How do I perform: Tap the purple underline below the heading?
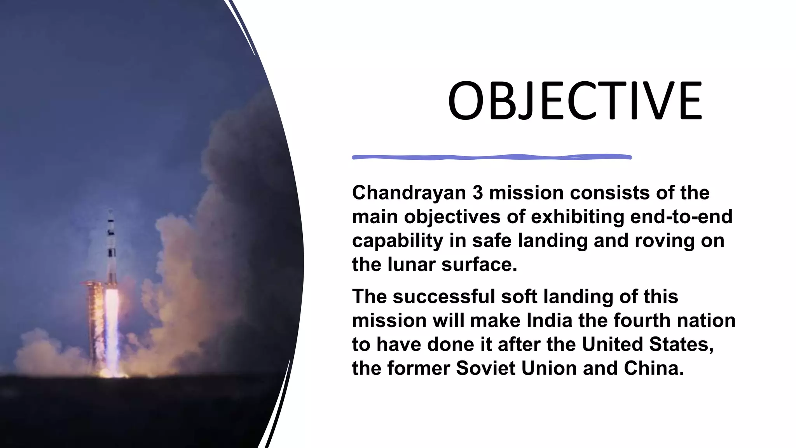[492, 157]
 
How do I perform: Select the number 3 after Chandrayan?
[478, 193]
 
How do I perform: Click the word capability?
[397, 241]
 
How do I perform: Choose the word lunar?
[411, 265]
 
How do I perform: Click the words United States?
[648, 345]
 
